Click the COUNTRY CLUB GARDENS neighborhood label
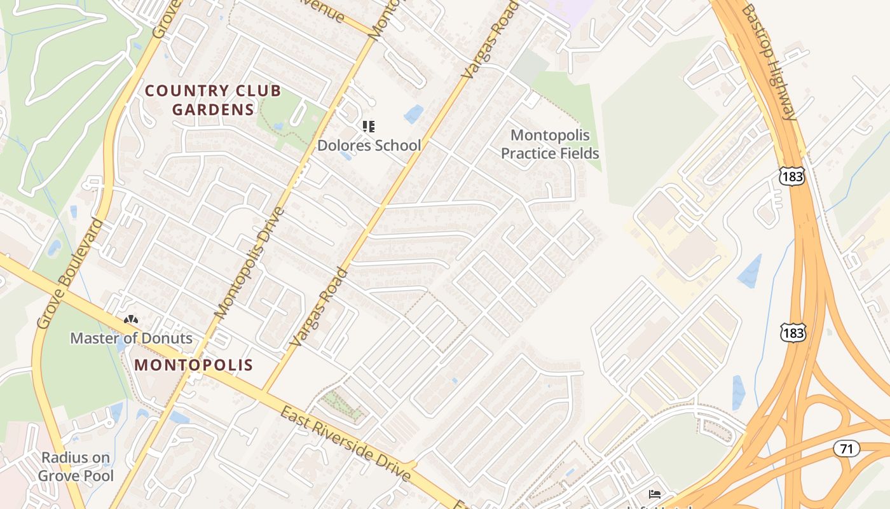click(x=212, y=100)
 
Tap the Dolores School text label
click(x=369, y=145)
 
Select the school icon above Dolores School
click(x=369, y=127)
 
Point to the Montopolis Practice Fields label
click(x=550, y=144)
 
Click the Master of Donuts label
click(x=131, y=338)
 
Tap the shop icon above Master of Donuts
click(x=131, y=320)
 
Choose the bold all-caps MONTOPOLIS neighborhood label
click(x=194, y=365)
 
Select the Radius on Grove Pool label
click(x=76, y=466)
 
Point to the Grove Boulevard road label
click(x=70, y=274)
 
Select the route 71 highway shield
click(x=846, y=449)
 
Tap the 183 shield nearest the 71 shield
click(x=793, y=332)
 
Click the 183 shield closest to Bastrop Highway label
click(x=793, y=176)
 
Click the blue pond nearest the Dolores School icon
click(x=414, y=114)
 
